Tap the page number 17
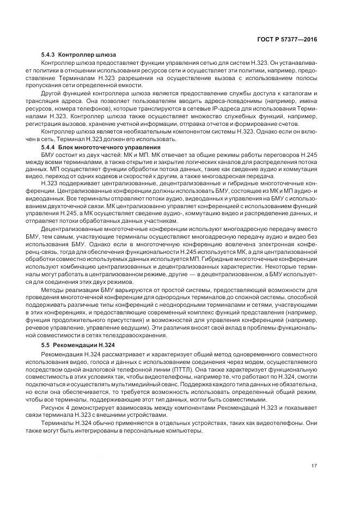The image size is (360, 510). [314, 465]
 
